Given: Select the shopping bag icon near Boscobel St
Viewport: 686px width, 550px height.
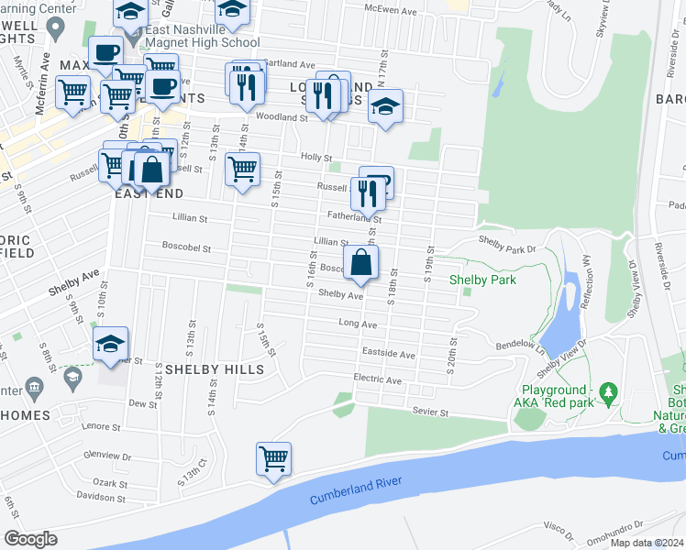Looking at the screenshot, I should pos(362,261).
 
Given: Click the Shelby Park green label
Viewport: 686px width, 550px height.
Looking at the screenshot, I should pos(482,280).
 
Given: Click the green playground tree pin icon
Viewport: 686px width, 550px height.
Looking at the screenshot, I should pos(607,393).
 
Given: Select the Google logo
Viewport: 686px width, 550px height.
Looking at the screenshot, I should pos(31,538).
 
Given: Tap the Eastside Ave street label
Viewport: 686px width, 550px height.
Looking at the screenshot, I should pos(388,354).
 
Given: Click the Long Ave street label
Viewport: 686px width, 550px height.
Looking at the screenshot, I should pos(358,324).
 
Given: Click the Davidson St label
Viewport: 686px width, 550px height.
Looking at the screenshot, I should pos(100,496).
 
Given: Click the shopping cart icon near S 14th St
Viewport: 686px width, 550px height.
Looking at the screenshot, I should pos(242,170).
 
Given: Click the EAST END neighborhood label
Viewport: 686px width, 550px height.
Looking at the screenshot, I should pos(149,194).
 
